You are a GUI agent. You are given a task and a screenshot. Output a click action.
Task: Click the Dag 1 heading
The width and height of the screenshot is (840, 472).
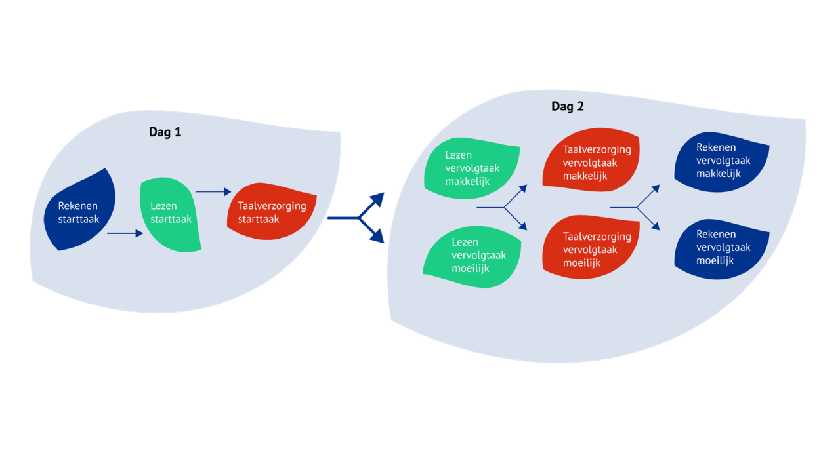point(165,132)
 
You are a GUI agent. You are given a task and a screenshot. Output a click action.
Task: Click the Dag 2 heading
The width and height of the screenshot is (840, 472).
point(567,106)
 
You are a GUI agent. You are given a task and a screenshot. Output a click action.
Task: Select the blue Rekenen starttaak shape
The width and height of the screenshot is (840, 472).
point(81,211)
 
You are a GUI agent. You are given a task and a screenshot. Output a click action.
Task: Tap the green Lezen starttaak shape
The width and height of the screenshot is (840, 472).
point(169,213)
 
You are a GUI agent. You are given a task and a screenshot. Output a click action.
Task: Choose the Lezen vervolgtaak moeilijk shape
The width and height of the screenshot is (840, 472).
point(472,256)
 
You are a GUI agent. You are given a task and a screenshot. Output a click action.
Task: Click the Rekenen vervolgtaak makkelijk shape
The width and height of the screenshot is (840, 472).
point(722,161)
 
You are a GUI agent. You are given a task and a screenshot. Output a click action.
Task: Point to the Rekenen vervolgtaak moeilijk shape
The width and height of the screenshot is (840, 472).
point(722,247)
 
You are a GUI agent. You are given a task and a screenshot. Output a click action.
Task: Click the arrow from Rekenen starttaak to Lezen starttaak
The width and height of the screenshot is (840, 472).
point(125,233)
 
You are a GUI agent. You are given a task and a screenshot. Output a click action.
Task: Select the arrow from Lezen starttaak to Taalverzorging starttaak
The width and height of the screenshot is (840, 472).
point(213,192)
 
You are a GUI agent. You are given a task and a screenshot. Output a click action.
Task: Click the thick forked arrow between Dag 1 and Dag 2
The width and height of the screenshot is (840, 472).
point(358,217)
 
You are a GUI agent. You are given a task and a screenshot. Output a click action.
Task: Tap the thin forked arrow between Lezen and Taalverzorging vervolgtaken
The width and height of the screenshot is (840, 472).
point(504,207)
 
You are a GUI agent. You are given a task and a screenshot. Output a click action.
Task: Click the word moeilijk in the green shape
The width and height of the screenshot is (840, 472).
point(471,269)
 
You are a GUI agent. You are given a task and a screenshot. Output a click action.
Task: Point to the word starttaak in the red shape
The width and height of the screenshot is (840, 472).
point(259,219)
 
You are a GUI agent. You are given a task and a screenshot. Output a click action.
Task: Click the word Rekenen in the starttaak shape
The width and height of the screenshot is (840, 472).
point(77,205)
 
